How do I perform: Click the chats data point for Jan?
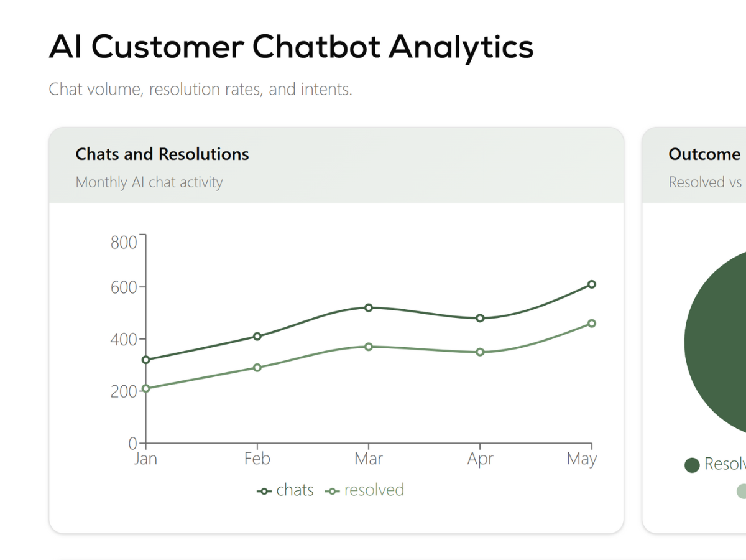tap(145, 360)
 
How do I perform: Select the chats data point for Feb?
tap(257, 337)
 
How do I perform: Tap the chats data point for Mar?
tap(369, 307)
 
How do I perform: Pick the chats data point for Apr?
tap(480, 318)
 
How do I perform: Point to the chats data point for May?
tap(591, 284)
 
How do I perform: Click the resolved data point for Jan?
tap(145, 388)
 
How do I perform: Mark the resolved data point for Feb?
tap(257, 368)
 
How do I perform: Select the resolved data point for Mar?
tap(369, 347)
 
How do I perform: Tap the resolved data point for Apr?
tap(480, 352)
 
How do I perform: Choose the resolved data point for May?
tap(591, 324)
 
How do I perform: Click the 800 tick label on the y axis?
tap(124, 242)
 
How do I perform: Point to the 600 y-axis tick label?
tap(124, 287)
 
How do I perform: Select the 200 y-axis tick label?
tap(124, 391)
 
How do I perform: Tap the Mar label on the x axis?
tap(369, 459)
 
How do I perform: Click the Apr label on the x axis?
tap(480, 459)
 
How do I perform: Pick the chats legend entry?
tap(286, 490)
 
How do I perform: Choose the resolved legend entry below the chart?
tap(365, 490)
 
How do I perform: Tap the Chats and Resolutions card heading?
tap(162, 154)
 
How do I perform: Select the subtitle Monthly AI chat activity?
tap(149, 182)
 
